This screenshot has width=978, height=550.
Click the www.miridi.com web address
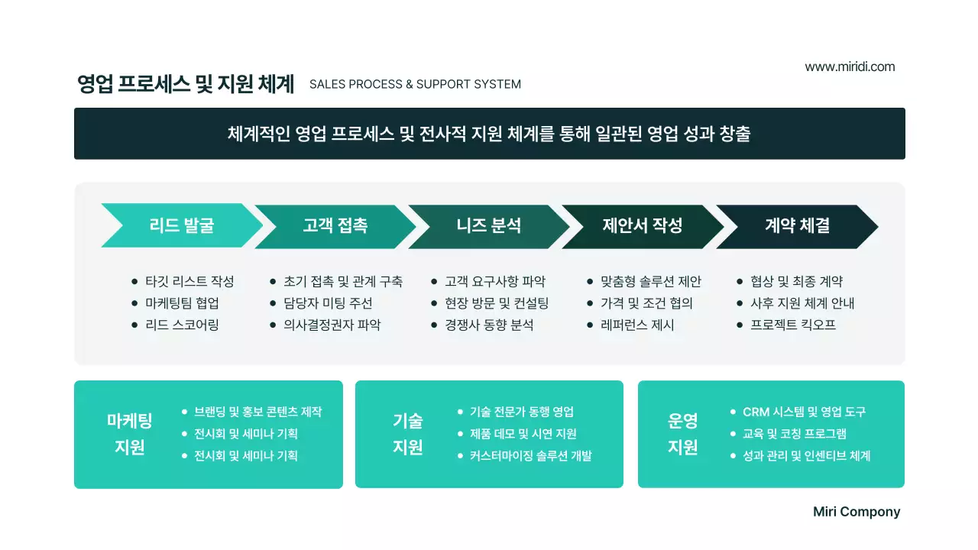click(x=850, y=66)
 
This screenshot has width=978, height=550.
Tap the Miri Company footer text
click(x=857, y=512)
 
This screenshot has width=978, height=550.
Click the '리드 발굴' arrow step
click(x=181, y=225)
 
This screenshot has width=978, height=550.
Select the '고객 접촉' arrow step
click(x=335, y=225)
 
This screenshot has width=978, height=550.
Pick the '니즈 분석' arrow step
click(x=488, y=225)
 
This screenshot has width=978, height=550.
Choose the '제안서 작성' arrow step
click(x=642, y=225)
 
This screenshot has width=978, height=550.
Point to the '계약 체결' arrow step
click(x=797, y=225)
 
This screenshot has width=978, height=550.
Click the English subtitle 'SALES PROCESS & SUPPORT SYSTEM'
click(x=415, y=84)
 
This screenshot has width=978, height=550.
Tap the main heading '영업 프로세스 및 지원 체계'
click(x=186, y=84)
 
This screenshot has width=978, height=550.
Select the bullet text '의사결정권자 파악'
click(x=332, y=325)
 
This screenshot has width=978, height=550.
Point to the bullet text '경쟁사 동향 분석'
click(x=489, y=325)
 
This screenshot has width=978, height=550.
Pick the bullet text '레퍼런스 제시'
click(x=637, y=325)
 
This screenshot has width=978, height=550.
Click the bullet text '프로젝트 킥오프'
click(x=793, y=325)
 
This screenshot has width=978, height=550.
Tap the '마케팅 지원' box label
click(x=130, y=434)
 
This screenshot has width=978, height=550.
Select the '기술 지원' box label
click(x=408, y=434)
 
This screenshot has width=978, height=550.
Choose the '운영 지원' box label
click(x=683, y=434)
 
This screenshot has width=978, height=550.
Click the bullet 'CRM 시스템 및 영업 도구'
click(x=804, y=412)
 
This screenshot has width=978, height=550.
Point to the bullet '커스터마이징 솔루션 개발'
click(x=530, y=456)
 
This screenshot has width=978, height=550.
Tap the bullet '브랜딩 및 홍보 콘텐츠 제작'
click(x=257, y=412)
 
